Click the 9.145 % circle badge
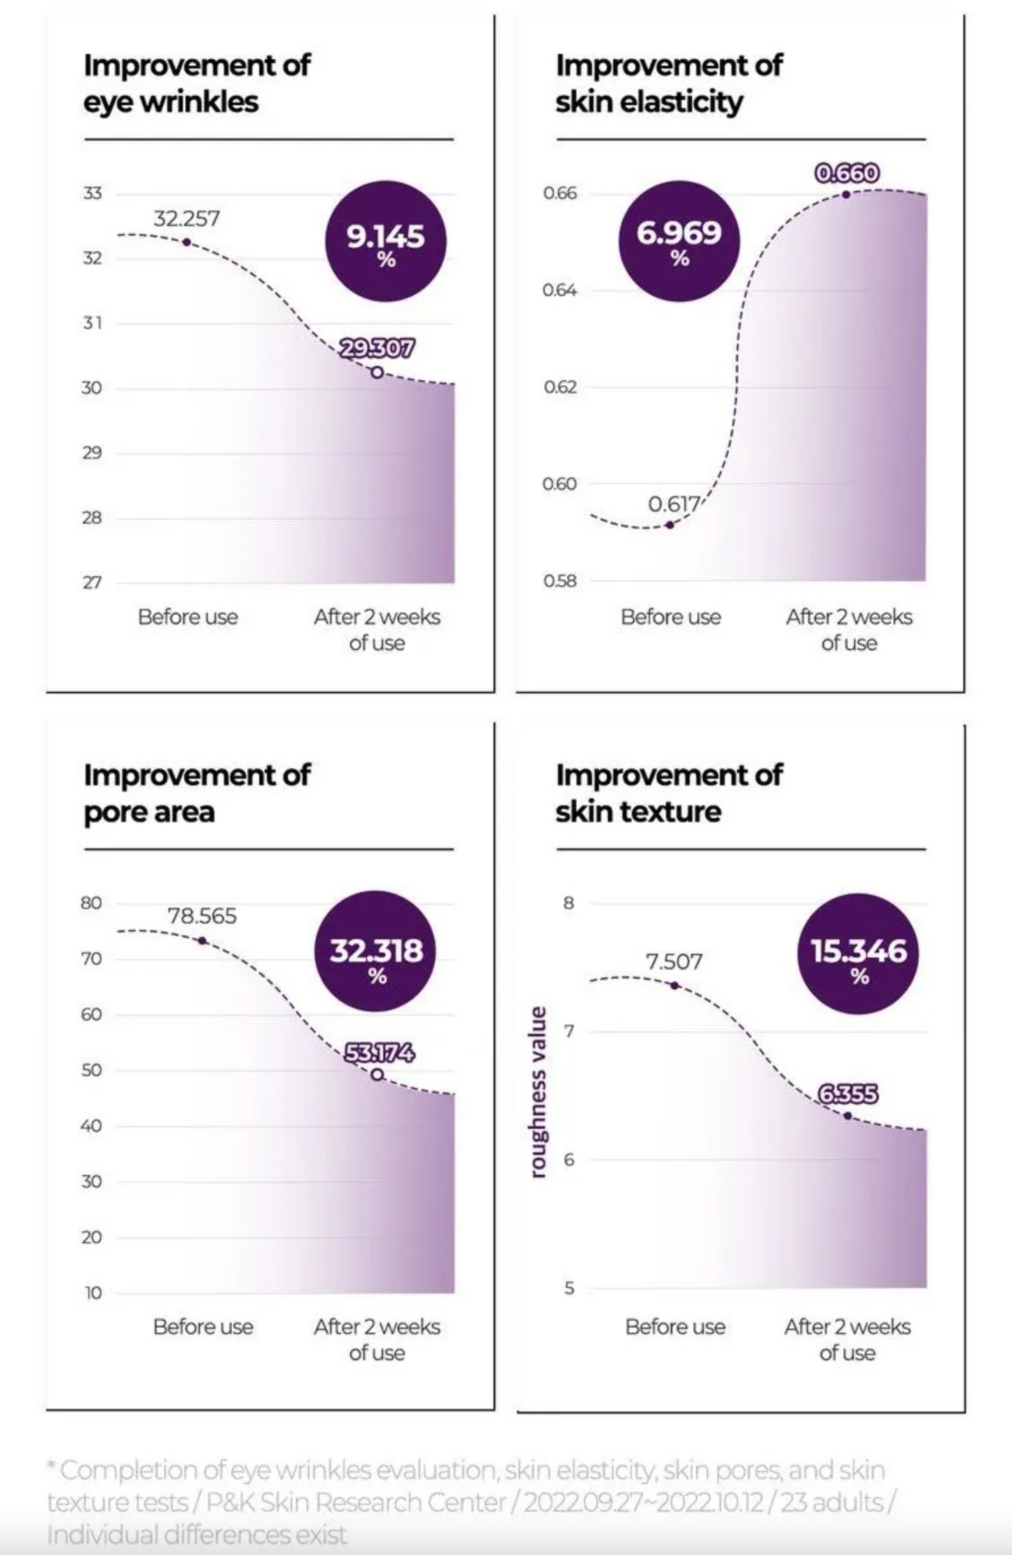coord(386,242)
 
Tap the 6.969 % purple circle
coord(679,242)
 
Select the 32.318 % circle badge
coord(376,951)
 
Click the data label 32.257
coord(186,218)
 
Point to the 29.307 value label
coord(377,348)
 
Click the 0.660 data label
coord(847,173)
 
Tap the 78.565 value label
coord(202,916)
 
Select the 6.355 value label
coord(847,1094)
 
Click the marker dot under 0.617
coord(670,524)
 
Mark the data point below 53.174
coord(377,1075)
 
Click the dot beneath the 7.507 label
coord(674,985)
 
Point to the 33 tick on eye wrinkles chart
coord(92,193)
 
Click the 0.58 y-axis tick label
coord(560,581)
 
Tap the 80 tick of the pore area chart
coord(91,903)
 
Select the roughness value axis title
coord(538,1092)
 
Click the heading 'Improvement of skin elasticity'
coord(669,83)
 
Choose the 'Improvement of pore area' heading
coord(197,793)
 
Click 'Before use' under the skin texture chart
coord(675,1327)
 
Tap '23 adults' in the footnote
coord(831,1502)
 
